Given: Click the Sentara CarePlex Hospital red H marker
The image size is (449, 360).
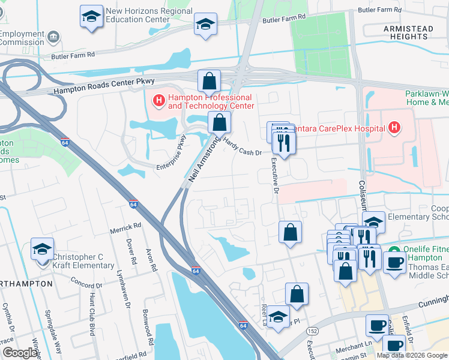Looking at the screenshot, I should click(394, 127).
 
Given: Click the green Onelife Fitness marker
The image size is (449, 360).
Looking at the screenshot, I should click(394, 251).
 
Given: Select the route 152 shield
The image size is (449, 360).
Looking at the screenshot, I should click(312, 331).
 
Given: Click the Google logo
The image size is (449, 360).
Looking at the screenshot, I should click(20, 353).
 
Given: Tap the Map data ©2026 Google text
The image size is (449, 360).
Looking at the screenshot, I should click(412, 355).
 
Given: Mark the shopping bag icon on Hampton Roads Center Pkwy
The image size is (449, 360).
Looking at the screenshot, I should click(209, 81).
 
